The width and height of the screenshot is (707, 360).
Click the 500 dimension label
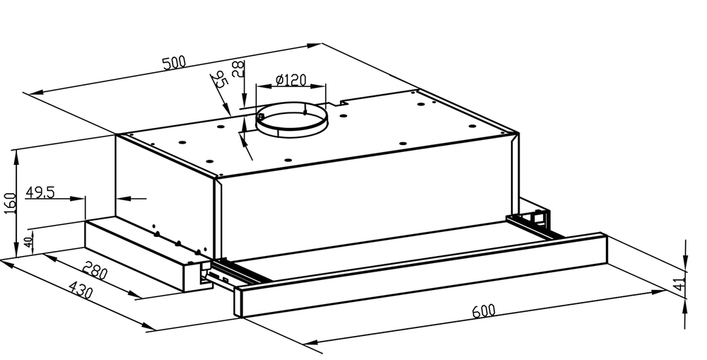pyautogui.click(x=174, y=62)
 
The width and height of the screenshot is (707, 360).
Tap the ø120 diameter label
pyautogui.click(x=291, y=80)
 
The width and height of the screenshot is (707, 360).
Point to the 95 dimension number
pyautogui.click(x=220, y=79)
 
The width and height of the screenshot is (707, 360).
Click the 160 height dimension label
pyautogui.click(x=11, y=203)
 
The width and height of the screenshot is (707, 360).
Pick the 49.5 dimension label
pyautogui.click(x=40, y=192)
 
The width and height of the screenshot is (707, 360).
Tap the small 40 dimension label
pyautogui.click(x=28, y=242)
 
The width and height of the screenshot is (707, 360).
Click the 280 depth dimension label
pyautogui.click(x=95, y=271)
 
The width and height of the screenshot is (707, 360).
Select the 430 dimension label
pyautogui.click(x=81, y=289)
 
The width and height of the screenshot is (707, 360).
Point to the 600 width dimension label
pyautogui.click(x=484, y=310)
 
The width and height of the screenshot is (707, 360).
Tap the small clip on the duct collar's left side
pyautogui.click(x=261, y=117)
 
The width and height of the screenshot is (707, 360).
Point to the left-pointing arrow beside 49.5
pyautogui.click(x=132, y=197)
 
